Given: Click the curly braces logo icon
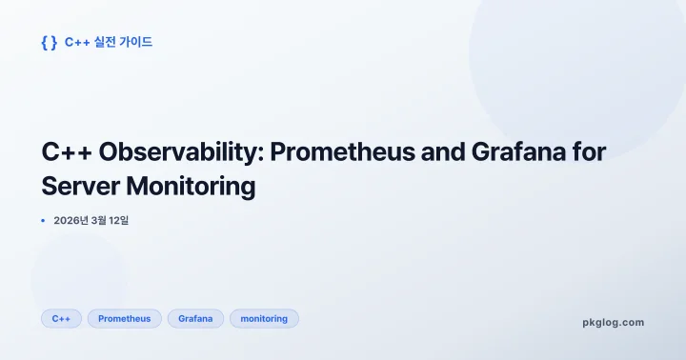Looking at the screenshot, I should tap(49, 42).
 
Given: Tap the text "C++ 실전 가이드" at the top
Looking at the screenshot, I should tap(109, 42).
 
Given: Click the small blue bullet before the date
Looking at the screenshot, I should tap(43, 221).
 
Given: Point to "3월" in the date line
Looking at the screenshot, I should tap(105, 221).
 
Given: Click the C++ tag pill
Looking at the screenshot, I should tap(61, 318).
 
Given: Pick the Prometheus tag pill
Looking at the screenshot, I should tap(124, 318).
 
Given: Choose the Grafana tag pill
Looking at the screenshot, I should tap(195, 318).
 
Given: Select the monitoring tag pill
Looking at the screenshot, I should tap(264, 318).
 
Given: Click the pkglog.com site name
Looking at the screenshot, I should tap(613, 322).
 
